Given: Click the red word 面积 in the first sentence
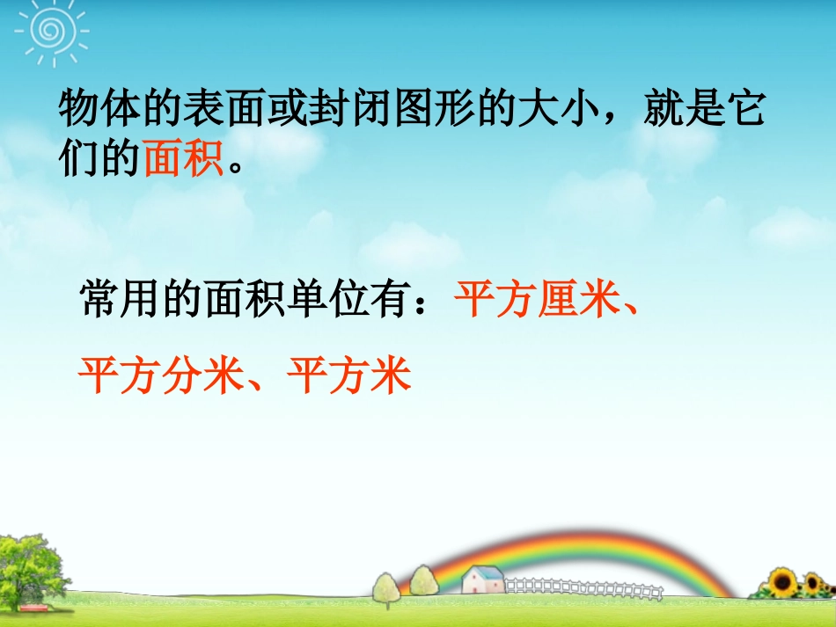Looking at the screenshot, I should (x=184, y=161).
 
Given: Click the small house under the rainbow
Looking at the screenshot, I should (x=482, y=581).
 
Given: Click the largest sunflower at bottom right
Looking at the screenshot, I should (x=783, y=583).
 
